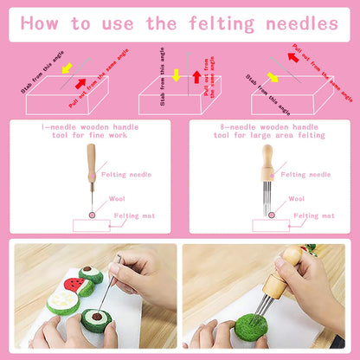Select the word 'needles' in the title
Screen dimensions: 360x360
[x=308, y=22]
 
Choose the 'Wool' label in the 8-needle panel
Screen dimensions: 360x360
[x=296, y=198]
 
